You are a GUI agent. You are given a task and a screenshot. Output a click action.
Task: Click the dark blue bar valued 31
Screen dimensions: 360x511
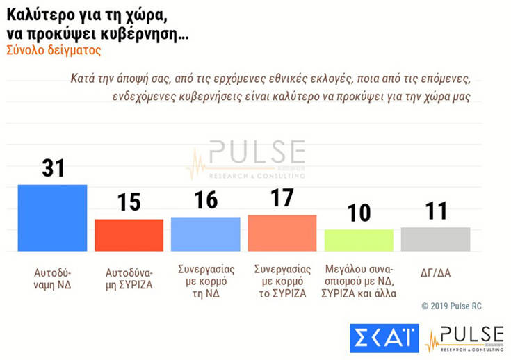(52, 218)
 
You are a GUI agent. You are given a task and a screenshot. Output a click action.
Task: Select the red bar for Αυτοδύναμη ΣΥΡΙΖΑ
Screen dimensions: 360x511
(129, 235)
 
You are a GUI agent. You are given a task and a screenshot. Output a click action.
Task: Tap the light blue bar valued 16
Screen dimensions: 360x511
(205, 234)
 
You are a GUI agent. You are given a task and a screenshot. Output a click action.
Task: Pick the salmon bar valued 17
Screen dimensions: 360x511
(282, 233)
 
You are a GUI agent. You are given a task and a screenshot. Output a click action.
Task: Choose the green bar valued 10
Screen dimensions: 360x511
(359, 240)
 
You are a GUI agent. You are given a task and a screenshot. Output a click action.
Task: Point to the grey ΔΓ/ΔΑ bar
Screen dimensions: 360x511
(435, 238)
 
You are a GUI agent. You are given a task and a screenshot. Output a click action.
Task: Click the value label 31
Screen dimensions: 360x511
(53, 167)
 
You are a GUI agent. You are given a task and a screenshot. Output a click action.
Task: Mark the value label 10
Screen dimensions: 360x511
(359, 213)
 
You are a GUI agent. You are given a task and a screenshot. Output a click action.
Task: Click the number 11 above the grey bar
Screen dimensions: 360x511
(436, 211)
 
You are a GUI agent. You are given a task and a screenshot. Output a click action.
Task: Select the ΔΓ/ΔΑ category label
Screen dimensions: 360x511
(436, 272)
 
